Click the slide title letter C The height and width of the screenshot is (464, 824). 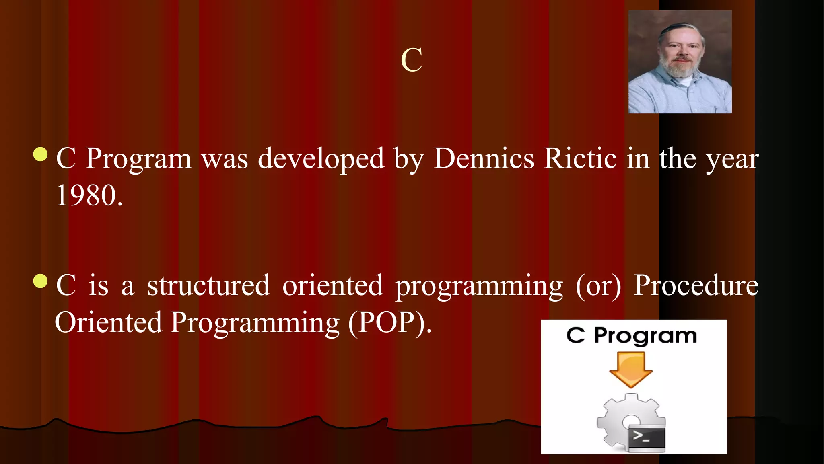(x=412, y=60)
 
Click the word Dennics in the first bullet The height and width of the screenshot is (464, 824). (x=484, y=158)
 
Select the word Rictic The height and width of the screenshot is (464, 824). (x=580, y=158)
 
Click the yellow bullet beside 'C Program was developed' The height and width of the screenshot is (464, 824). (x=40, y=154)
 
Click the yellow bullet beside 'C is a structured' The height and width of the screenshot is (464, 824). (x=40, y=281)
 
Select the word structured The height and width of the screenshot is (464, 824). (x=208, y=285)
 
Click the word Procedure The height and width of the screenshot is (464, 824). (x=696, y=285)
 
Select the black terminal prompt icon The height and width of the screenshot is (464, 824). (x=647, y=437)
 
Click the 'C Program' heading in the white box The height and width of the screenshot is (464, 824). (x=631, y=335)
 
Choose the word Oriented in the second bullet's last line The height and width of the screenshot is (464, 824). (x=108, y=322)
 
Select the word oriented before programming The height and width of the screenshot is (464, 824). (x=333, y=285)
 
